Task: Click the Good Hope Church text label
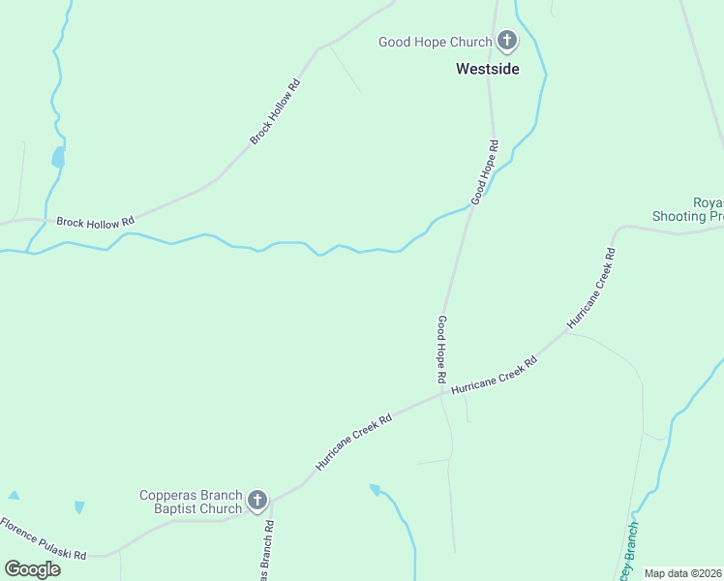[x=435, y=42]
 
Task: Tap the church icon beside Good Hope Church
[x=506, y=41]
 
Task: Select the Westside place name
[x=488, y=69]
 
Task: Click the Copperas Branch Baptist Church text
[x=191, y=502]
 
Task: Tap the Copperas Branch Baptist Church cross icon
[x=256, y=501]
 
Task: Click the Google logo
[x=32, y=569]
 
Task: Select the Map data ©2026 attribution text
[x=683, y=573]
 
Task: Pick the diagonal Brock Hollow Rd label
[x=276, y=111]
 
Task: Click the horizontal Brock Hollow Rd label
[x=95, y=223]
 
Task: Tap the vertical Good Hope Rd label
[x=441, y=348]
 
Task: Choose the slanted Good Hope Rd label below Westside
[x=485, y=172]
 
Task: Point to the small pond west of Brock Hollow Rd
[x=58, y=157]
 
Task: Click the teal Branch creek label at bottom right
[x=626, y=553]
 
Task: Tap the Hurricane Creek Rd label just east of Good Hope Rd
[x=494, y=373]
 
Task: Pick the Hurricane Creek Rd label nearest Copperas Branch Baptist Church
[x=353, y=443]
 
